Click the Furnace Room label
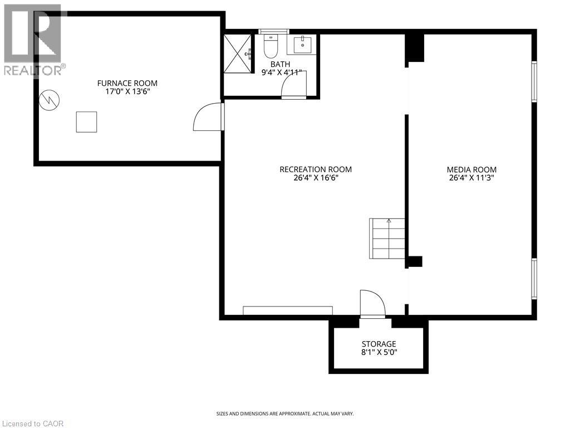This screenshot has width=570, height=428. (x=127, y=83)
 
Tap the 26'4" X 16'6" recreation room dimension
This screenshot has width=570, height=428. (x=316, y=178)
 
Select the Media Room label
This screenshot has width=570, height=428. (x=471, y=169)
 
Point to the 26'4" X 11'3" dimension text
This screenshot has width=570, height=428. (x=471, y=178)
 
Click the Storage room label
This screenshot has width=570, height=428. (x=379, y=344)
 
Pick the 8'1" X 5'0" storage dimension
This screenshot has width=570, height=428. (x=379, y=352)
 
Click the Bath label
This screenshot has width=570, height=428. (x=280, y=64)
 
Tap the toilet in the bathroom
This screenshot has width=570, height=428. (x=271, y=47)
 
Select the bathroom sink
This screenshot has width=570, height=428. (x=306, y=43)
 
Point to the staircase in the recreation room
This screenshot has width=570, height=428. (x=387, y=238)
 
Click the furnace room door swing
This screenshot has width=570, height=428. (x=207, y=117)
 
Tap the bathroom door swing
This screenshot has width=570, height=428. (x=293, y=86)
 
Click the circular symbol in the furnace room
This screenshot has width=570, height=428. (x=50, y=100)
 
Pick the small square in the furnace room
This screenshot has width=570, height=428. (x=86, y=121)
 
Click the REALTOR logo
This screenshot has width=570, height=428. (x=33, y=39)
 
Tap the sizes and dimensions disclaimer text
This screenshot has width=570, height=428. (x=284, y=414)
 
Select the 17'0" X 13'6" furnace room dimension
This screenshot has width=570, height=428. (x=127, y=91)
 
